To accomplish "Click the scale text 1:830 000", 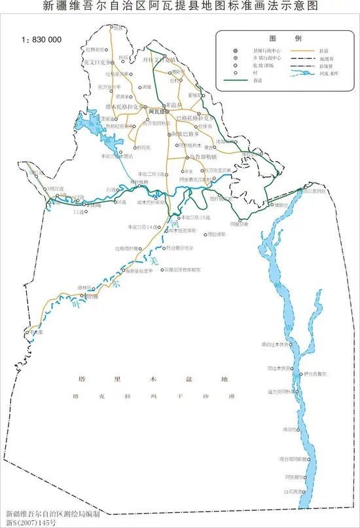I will (x=42, y=39).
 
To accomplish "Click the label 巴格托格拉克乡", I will (x=195, y=119).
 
